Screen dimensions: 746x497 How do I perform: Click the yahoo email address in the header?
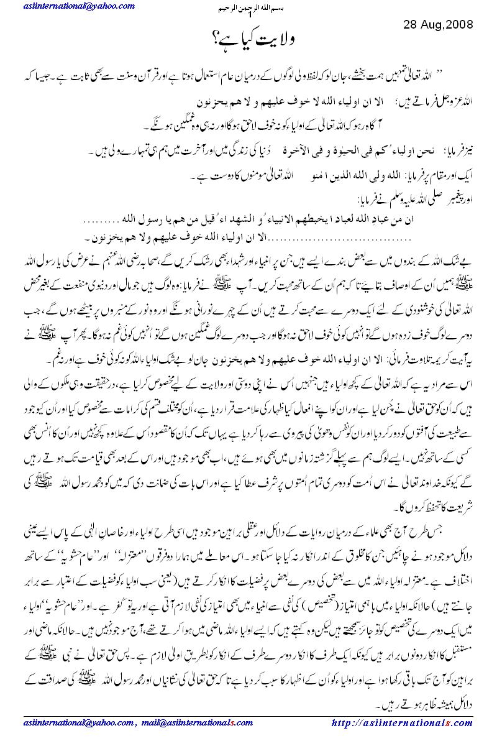point(67,6)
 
